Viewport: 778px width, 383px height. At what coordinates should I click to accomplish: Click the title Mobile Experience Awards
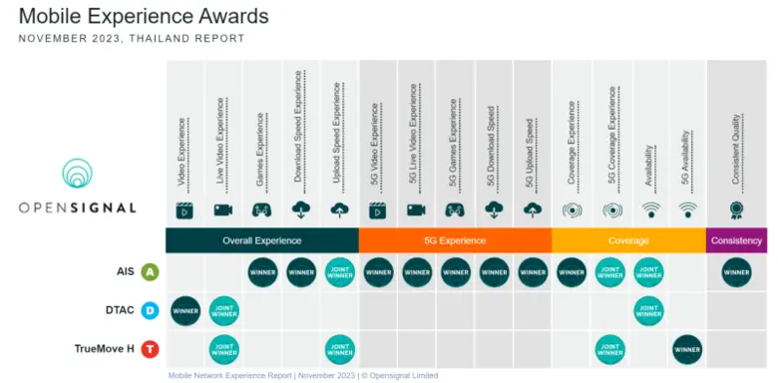[x=144, y=17]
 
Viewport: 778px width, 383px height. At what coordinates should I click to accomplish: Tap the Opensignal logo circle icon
[x=76, y=176]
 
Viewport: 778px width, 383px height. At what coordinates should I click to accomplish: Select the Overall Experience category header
[x=261, y=240]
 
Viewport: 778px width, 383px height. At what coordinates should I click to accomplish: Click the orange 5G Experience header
[x=455, y=240]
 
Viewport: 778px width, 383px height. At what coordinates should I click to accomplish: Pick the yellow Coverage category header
[x=628, y=240]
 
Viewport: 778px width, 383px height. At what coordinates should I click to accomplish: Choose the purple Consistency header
[x=737, y=240]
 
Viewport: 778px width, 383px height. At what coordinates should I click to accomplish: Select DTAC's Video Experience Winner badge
[x=186, y=311]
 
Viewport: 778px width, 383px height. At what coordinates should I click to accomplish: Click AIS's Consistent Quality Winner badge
[x=737, y=272]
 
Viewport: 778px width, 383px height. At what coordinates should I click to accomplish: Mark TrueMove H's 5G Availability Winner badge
[x=687, y=349]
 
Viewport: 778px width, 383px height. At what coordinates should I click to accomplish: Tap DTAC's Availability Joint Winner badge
[x=648, y=311]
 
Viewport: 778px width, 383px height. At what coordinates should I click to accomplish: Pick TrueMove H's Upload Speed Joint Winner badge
[x=339, y=349]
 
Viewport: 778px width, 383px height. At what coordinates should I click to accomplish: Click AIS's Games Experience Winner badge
[x=262, y=272]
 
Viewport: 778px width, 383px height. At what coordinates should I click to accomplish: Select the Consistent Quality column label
[x=737, y=140]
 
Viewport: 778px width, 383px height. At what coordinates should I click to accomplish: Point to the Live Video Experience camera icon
[x=223, y=210]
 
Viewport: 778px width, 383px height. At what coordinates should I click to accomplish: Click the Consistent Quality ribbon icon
[x=737, y=210]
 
